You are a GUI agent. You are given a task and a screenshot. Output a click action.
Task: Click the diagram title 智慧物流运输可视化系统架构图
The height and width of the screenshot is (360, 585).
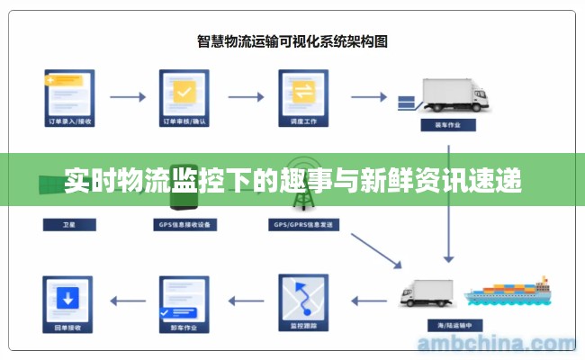coord(292,40)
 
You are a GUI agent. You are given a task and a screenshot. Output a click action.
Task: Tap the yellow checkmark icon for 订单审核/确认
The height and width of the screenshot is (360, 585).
coord(184,92)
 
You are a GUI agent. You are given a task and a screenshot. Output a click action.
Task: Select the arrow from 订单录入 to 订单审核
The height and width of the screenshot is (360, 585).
coord(126,94)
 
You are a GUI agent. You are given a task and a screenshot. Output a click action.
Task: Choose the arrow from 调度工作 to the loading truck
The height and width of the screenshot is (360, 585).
coord(367,94)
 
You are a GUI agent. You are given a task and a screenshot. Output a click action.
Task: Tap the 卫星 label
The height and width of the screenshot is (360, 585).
coord(68,224)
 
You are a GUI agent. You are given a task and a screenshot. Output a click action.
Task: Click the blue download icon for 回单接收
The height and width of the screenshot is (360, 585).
coord(68,298)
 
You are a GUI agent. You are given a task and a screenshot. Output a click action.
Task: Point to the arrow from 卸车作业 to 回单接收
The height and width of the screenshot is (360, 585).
coord(126,300)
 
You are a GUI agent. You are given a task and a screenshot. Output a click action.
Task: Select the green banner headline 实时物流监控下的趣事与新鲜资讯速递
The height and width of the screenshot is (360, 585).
coord(292,181)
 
